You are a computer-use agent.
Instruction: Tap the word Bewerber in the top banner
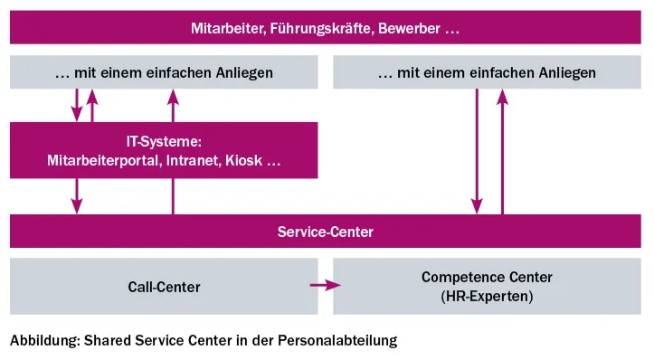(x=405, y=29)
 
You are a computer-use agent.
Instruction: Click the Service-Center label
(x=325, y=232)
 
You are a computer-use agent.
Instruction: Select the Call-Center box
(x=164, y=287)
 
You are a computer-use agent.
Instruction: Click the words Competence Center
(x=487, y=278)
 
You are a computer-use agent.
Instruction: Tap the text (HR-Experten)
(x=487, y=296)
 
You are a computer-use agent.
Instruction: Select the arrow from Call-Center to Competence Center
(x=324, y=286)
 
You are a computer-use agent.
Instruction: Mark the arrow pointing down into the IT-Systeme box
(x=77, y=105)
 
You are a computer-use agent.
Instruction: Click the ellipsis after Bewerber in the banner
(x=453, y=31)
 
